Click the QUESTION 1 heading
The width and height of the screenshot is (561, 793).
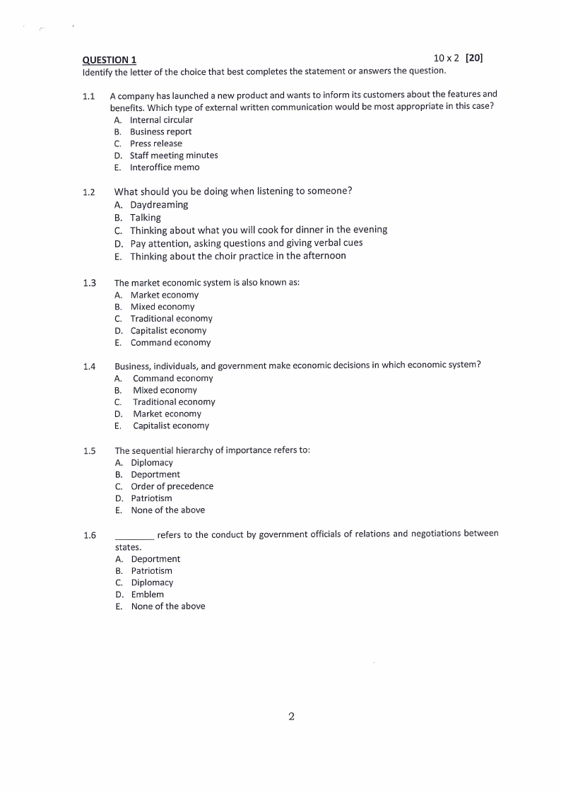click(x=110, y=60)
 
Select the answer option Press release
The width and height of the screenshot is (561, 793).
click(x=155, y=143)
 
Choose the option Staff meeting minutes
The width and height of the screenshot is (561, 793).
click(x=174, y=155)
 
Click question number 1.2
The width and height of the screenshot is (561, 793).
click(x=88, y=192)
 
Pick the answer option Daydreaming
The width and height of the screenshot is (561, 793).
click(x=159, y=205)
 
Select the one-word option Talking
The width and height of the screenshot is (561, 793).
click(x=146, y=218)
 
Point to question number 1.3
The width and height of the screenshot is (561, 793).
click(x=88, y=283)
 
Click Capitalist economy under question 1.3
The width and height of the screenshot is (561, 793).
click(x=168, y=331)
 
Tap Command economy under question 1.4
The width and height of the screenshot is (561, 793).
click(x=172, y=378)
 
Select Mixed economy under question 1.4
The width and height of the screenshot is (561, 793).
click(x=165, y=390)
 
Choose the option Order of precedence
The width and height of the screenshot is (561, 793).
click(x=172, y=486)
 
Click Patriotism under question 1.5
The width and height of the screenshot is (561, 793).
click(x=151, y=498)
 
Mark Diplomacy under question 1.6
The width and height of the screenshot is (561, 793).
click(x=152, y=583)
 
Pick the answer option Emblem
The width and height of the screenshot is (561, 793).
click(x=147, y=594)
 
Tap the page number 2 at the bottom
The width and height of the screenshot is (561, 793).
click(x=291, y=717)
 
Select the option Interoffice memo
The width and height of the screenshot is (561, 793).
click(x=165, y=168)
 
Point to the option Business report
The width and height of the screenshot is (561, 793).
click(x=160, y=132)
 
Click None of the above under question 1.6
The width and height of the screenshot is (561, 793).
click(x=168, y=606)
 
